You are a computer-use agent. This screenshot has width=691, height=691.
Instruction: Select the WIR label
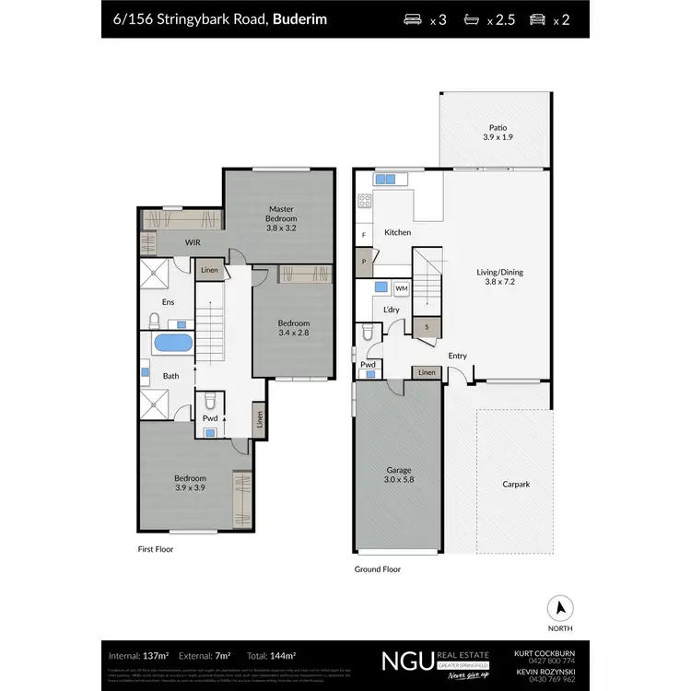tap(193, 243)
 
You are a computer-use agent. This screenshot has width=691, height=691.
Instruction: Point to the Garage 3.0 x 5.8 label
tap(398, 475)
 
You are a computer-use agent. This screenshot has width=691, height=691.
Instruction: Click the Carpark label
tap(516, 484)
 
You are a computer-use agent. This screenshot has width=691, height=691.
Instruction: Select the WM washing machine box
tap(401, 288)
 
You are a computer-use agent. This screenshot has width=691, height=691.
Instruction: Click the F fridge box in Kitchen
tap(364, 236)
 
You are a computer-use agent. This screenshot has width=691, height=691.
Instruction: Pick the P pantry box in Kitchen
tap(364, 261)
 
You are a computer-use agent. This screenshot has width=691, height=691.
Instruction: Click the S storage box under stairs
tap(426, 326)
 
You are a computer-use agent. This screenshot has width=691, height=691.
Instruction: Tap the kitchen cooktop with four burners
tap(364, 201)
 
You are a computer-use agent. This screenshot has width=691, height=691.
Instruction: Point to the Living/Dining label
tap(499, 277)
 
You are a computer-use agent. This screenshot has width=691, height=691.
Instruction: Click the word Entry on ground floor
tap(457, 356)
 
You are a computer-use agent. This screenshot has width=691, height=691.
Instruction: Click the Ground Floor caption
tap(378, 569)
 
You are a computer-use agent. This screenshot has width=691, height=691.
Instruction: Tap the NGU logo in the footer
tap(404, 661)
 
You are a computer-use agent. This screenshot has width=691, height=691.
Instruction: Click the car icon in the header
tap(537, 18)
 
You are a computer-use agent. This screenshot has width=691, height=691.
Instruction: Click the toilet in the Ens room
tap(156, 321)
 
